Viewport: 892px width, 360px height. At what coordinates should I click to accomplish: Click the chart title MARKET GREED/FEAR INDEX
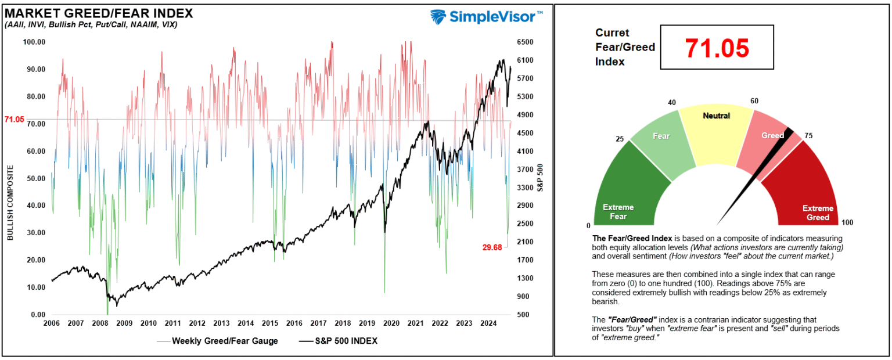99,13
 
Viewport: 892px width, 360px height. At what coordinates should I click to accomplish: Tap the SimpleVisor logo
487,16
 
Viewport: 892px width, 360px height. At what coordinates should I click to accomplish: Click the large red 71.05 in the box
717,48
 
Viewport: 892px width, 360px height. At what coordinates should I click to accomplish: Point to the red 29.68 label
495,247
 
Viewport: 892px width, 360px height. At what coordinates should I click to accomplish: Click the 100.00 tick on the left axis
34,42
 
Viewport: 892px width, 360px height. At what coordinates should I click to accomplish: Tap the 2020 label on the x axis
391,323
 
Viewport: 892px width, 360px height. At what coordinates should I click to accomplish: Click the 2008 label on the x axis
99,323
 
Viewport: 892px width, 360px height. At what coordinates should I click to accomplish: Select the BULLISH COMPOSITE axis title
10,203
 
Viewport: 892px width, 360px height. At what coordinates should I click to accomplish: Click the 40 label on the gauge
672,103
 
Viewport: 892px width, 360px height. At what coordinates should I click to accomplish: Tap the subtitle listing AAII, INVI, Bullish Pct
91,24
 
